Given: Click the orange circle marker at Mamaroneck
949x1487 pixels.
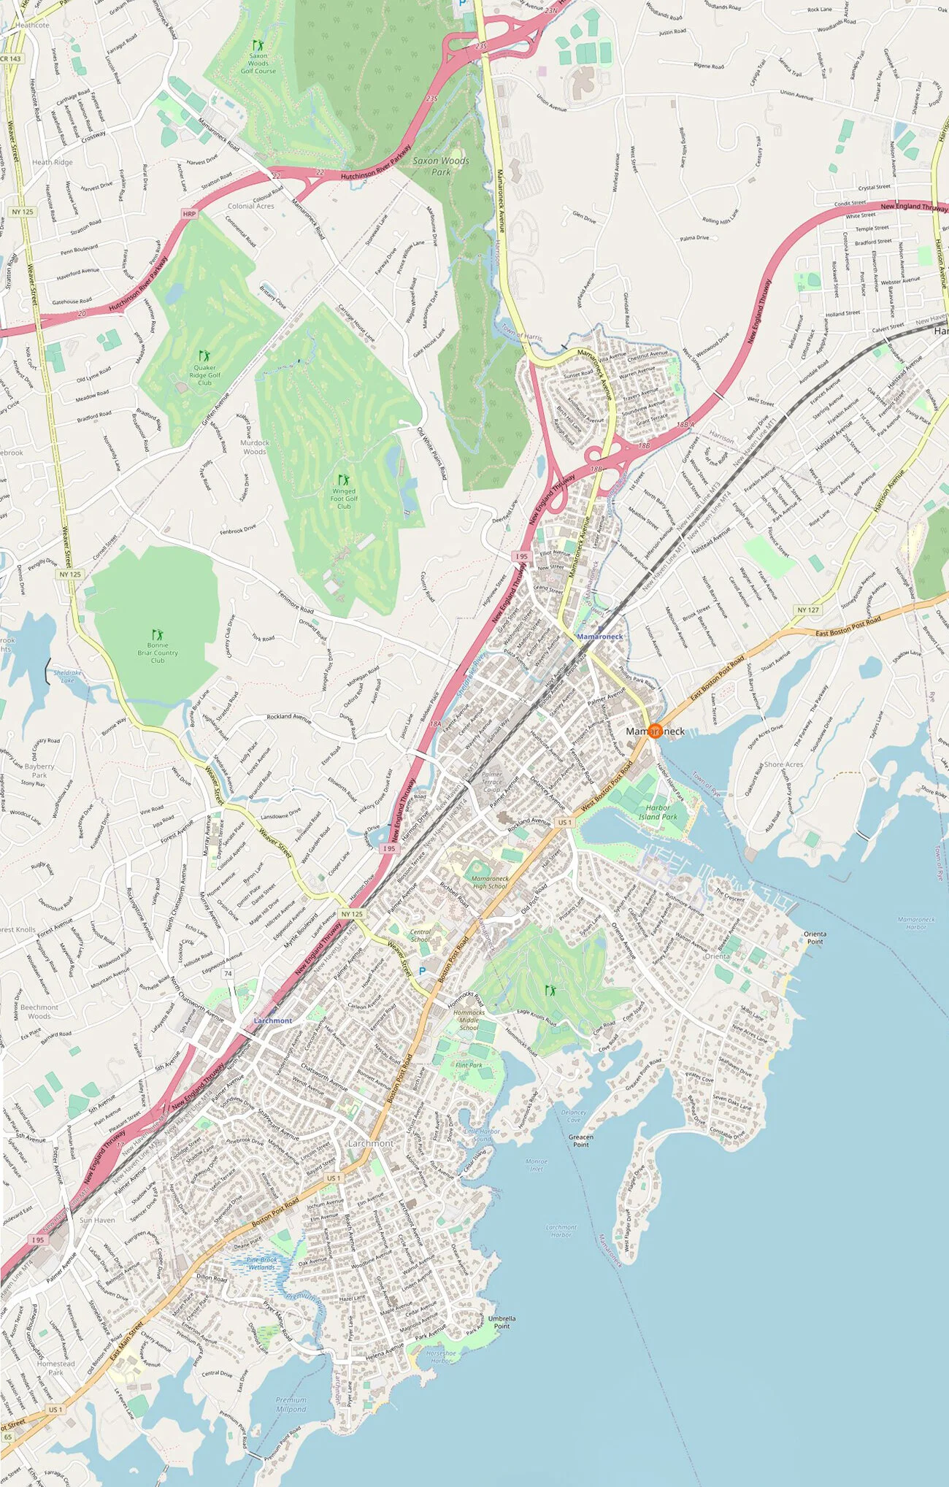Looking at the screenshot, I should (655, 731).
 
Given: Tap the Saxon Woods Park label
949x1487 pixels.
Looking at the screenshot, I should (441, 166).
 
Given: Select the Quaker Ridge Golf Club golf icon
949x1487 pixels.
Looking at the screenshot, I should (204, 356).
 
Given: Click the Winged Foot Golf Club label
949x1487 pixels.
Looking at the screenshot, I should (344, 499).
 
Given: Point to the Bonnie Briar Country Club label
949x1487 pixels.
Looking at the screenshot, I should (158, 653).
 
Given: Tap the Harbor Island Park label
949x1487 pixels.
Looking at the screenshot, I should (658, 812).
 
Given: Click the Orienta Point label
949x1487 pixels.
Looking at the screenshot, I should (815, 937).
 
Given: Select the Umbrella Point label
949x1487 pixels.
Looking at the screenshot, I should (502, 1322).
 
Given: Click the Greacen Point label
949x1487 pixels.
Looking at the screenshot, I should (581, 1140).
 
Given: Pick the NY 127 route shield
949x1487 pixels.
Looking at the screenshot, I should (808, 610).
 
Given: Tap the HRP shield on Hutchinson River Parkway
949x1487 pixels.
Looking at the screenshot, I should (190, 214).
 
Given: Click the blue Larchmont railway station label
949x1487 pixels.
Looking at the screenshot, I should (273, 1021).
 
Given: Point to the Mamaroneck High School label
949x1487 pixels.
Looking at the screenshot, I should (490, 883).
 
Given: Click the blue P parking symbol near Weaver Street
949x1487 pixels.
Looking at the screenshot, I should (421, 972).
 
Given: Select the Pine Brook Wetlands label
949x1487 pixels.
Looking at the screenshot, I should (261, 1263).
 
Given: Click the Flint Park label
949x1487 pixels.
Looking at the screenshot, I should (469, 1065).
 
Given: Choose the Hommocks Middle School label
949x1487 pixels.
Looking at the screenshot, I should (469, 1020).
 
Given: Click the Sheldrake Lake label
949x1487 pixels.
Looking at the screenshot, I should (68, 676).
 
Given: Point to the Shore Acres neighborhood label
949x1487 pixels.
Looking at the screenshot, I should (783, 764).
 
